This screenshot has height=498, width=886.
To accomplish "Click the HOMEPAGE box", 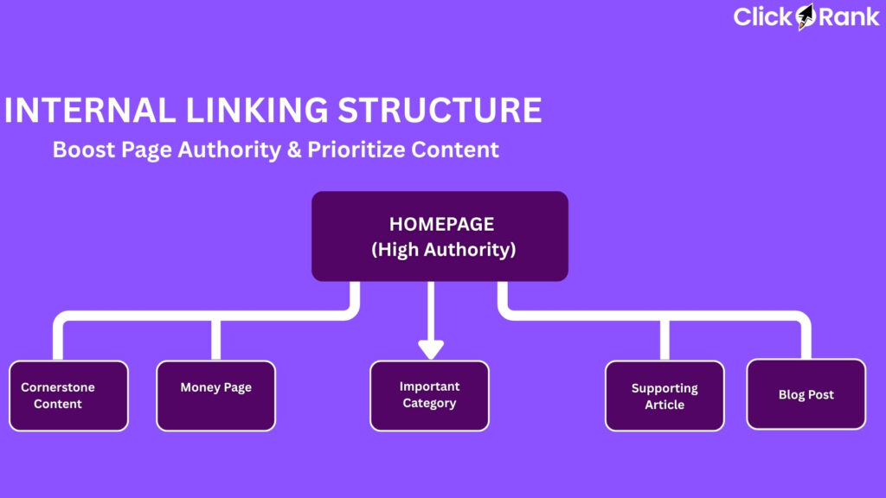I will tap(440, 235).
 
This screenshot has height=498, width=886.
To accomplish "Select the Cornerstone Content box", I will tap(68, 396).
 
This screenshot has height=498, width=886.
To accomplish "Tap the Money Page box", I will tap(215, 396).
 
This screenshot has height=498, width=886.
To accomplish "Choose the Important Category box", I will tap(429, 396).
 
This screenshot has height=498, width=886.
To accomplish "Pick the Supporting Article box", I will tap(664, 396).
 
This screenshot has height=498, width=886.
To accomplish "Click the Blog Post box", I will tap(806, 394).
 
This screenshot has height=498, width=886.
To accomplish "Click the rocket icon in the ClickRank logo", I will tap(806, 16).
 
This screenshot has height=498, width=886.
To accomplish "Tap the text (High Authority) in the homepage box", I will tap(443, 251).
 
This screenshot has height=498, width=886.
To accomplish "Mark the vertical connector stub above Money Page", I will tap(215, 339).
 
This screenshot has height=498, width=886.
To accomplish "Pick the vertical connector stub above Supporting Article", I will tap(664, 339).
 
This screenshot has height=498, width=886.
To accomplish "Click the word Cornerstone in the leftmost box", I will tap(58, 387).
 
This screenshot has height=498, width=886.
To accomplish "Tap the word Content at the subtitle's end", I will tap(455, 149).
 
